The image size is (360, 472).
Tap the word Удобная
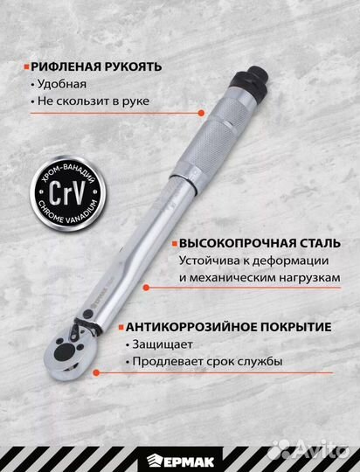point(62,84)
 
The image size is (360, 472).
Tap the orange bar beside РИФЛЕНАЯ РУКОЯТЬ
point(24,66)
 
